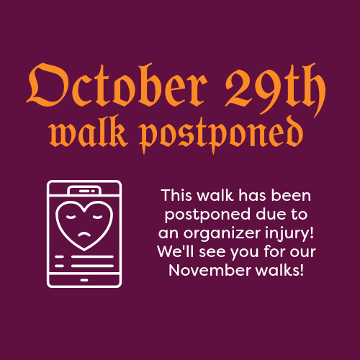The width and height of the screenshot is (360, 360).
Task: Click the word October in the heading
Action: click(117, 85)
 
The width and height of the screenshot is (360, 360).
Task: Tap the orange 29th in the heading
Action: click(275, 90)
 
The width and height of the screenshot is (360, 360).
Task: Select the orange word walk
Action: click(89, 132)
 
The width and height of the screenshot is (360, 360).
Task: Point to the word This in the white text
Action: click(176, 195)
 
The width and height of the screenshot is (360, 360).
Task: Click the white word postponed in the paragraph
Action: click(207, 215)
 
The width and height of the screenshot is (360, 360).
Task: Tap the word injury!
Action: click(289, 233)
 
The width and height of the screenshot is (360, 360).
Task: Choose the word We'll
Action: click(176, 251)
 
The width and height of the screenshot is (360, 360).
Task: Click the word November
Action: click(210, 271)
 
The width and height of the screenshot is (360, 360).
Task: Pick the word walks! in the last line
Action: click(279, 270)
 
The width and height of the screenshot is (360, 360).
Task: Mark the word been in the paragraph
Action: click(291, 195)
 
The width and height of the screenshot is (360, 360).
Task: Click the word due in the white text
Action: click(270, 214)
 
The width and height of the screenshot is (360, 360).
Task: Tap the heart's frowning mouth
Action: click(84, 235)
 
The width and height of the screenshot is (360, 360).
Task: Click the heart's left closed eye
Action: click(71, 217)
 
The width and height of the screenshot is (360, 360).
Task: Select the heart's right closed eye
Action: click(97, 217)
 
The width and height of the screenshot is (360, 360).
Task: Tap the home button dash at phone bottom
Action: click(84, 280)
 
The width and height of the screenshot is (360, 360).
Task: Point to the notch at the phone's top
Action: click(84, 191)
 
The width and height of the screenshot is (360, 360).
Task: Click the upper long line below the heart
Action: click(92, 257)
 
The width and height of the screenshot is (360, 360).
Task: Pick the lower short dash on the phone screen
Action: click(59, 266)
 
